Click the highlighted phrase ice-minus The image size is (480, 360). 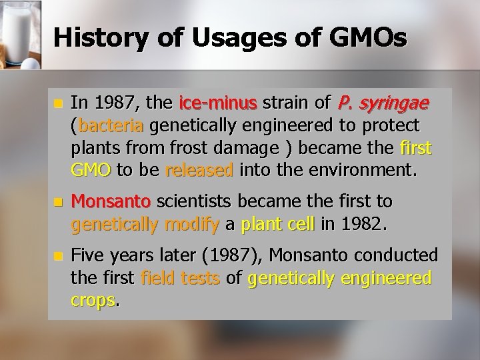tap(218, 103)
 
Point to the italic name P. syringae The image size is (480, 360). tap(383, 103)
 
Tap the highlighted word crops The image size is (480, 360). tap(93, 299)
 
